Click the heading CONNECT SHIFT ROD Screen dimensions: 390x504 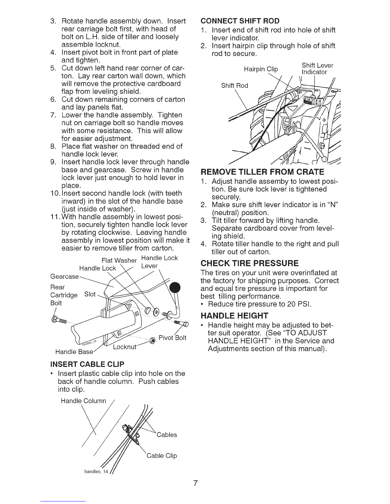pos(240,21)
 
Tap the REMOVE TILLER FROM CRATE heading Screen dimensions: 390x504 pos(262,172)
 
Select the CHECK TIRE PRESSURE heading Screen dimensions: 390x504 pos(250,263)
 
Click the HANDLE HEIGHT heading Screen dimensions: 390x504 pos(235,316)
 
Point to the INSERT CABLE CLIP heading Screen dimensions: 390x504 pos(87,364)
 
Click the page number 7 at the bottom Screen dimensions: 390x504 pos(195,483)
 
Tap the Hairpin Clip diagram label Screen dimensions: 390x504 pos(261,69)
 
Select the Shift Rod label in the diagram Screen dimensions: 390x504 pos(235,86)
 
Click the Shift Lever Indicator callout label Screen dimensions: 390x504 pos(317,69)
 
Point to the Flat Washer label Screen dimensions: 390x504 pos(119,261)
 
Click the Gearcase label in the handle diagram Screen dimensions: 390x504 pos(64,276)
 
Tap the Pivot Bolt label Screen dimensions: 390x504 pos(172,338)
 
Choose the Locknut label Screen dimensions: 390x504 pos(125,347)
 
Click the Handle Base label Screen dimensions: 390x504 pos(74,352)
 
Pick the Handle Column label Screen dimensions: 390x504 pos(83,401)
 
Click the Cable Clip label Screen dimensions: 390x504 pos(162,456)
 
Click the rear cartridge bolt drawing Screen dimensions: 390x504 pos(59,320)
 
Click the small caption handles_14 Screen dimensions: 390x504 pos(96,472)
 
